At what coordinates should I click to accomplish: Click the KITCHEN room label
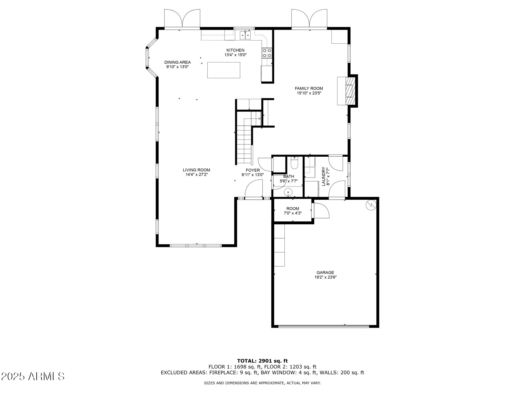coord(235,50)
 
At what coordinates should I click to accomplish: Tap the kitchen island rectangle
coord(224,70)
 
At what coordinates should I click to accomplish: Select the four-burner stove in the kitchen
coord(267,53)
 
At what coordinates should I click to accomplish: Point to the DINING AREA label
coord(177,62)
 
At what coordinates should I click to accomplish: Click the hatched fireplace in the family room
coord(350,91)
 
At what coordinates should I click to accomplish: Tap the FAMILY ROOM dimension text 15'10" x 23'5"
coord(309,93)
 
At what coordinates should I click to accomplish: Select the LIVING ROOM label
coord(196,170)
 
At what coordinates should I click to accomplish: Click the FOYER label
coord(253,170)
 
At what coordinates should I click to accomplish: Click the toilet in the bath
coord(294,163)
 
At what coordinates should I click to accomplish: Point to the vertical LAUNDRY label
coord(324,176)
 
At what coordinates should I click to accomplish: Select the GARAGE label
coord(325,272)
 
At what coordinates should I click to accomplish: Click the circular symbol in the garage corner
coord(371,205)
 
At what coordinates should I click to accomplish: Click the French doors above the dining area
coord(182,19)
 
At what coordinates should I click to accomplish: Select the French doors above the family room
coord(309,19)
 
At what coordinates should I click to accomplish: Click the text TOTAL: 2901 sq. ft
coord(262,361)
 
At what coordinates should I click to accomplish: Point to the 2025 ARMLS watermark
coord(33,376)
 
